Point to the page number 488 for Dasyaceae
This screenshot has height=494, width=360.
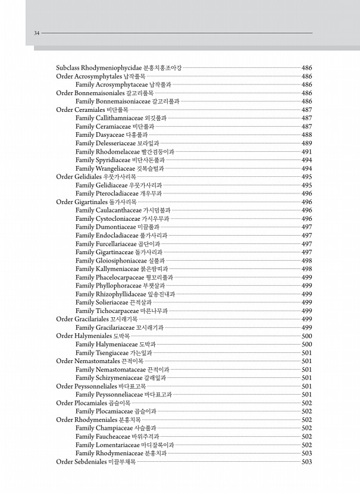tap(307, 135)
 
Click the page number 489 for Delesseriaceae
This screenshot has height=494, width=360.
tap(307, 143)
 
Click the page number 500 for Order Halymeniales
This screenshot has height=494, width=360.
tap(307, 336)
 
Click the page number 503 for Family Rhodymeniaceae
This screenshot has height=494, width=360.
tap(307, 453)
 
